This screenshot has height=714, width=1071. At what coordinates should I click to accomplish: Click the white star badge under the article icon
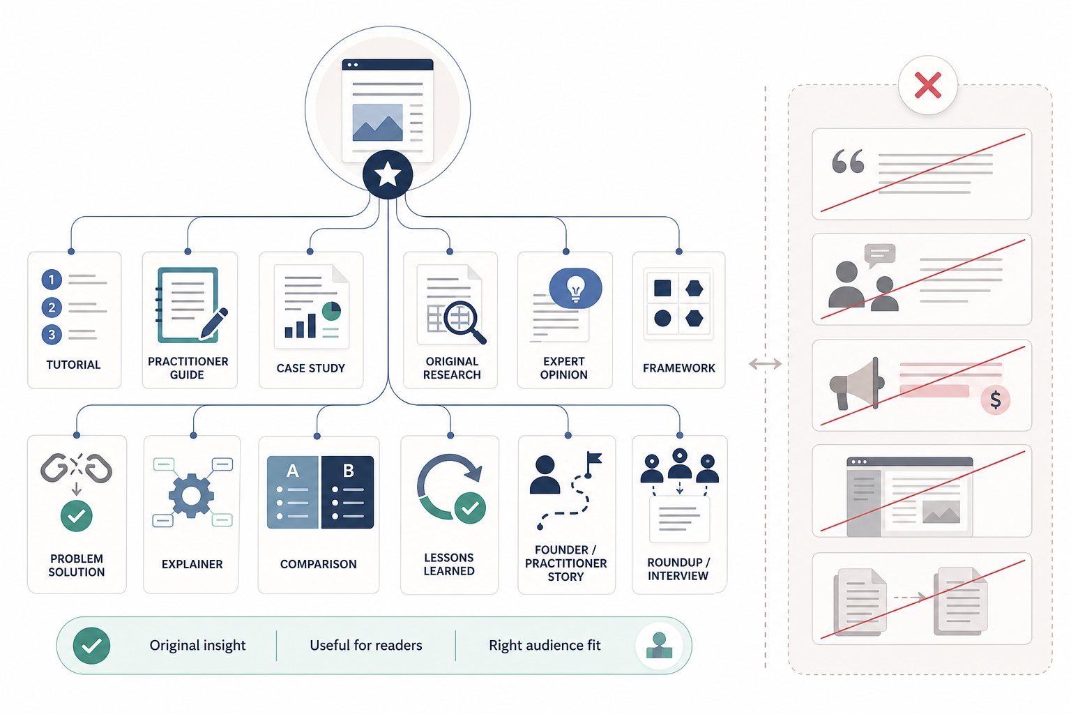[388, 174]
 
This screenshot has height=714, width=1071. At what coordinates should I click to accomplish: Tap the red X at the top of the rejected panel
[927, 85]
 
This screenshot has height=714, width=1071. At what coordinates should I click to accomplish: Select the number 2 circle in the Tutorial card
[52, 307]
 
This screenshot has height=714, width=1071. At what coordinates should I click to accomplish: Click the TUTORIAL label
[73, 365]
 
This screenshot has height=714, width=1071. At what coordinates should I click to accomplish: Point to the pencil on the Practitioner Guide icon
[214, 324]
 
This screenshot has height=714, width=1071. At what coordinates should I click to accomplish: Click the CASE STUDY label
[311, 368]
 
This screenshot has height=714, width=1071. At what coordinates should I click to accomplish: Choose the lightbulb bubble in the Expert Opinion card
[576, 288]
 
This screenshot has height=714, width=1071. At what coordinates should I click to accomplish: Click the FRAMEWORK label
[679, 368]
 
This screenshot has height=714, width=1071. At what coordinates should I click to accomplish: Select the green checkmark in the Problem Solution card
[77, 516]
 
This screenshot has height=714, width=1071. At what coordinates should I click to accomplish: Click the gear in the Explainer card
[191, 496]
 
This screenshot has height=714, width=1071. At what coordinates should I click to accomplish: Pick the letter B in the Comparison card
[349, 471]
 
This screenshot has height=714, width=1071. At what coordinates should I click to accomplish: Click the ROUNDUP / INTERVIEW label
[678, 569]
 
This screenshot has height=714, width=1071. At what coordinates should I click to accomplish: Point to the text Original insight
[197, 646]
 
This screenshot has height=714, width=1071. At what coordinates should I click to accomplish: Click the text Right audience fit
[545, 646]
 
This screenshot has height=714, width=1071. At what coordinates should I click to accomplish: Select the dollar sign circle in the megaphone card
[996, 400]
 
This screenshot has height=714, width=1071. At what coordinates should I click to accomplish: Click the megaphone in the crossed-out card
[857, 383]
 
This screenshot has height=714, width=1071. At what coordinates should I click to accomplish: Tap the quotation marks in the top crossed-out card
[848, 161]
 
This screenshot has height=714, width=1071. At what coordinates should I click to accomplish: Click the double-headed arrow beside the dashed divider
[765, 364]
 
